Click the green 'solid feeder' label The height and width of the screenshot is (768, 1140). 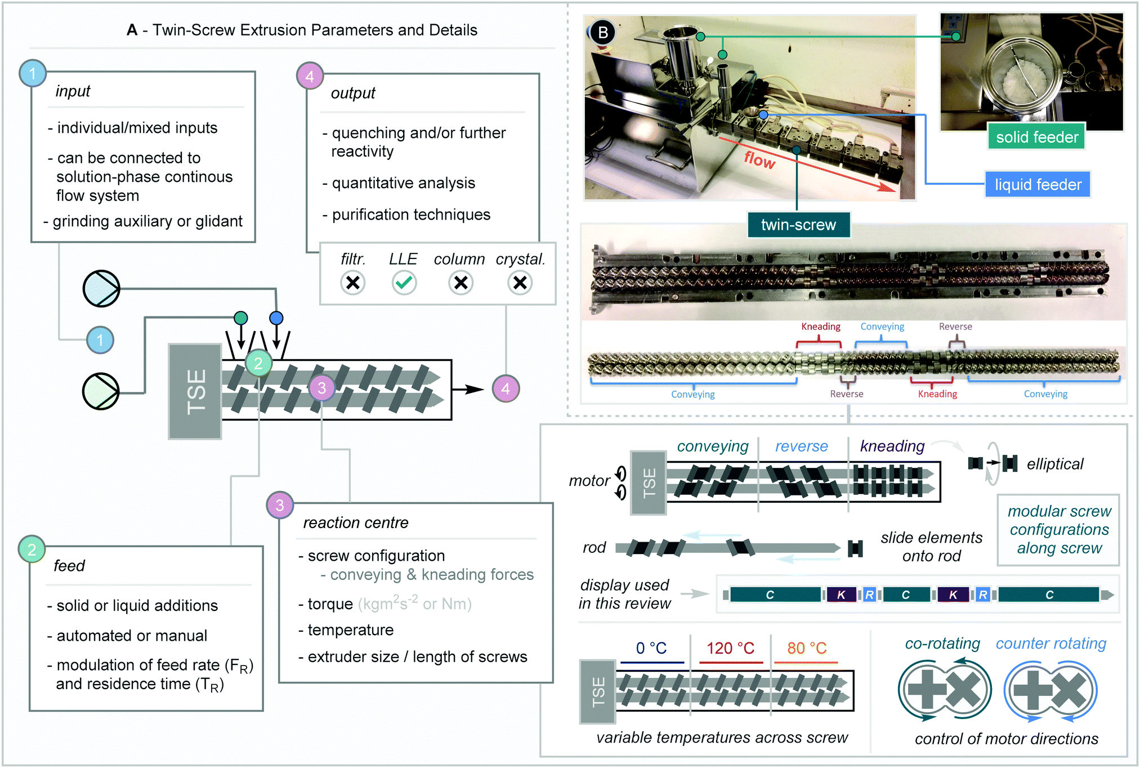tap(1036, 137)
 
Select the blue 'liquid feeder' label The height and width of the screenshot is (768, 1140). tap(1038, 185)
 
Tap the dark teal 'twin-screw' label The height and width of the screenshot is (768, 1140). tap(798, 225)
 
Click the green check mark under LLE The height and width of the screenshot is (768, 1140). tap(404, 283)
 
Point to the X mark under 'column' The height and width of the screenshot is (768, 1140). tap(461, 283)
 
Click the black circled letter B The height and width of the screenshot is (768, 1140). tap(603, 33)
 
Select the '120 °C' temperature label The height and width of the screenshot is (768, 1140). tap(730, 648)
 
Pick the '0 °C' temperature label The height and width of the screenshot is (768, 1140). tap(651, 648)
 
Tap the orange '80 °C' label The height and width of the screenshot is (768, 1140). tap(807, 648)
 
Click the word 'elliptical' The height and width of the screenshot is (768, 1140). tap(1054, 464)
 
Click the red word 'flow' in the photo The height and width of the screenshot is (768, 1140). tap(759, 160)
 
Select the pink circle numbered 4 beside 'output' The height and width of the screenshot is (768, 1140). tap(310, 76)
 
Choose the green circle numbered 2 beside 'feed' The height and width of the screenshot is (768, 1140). tap(32, 549)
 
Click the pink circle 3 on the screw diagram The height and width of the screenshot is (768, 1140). tap(322, 388)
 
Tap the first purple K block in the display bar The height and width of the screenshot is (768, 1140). tap(841, 595)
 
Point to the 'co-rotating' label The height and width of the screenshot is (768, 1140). tap(942, 643)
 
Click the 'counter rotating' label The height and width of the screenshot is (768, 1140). tap(1050, 643)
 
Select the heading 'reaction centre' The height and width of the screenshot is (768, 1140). tap(356, 523)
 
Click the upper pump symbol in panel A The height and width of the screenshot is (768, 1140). tap(101, 288)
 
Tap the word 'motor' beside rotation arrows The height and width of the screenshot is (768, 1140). tap(589, 481)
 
